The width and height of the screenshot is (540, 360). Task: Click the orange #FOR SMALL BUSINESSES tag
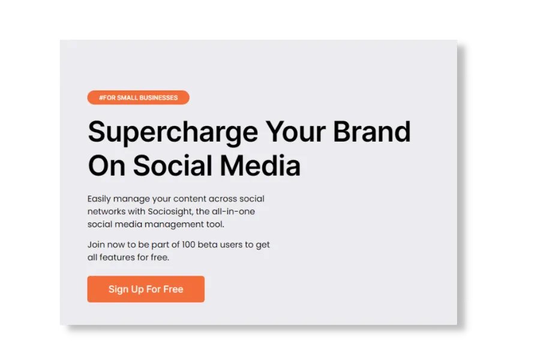pyautogui.click(x=138, y=97)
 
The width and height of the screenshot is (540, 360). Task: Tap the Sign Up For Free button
pyautogui.click(x=146, y=289)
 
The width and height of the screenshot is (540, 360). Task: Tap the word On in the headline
pyautogui.click(x=106, y=165)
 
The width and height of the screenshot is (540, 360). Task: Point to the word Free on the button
pyautogui.click(x=173, y=289)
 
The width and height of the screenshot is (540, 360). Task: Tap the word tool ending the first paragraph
pyautogui.click(x=215, y=224)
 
